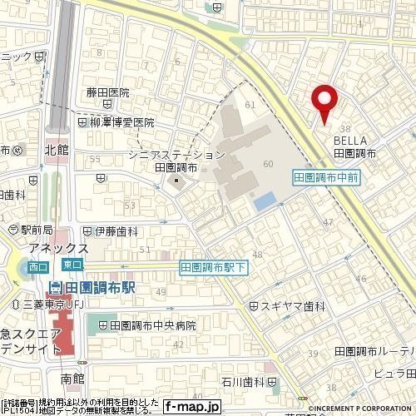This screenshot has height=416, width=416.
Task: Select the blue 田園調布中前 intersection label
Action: [x=326, y=177]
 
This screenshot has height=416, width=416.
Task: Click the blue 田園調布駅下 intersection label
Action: [x=213, y=268]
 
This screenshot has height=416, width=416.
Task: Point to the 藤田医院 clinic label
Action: [x=108, y=93]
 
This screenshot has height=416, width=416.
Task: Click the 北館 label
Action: [x=57, y=151]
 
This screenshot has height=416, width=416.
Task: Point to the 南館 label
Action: [x=72, y=378]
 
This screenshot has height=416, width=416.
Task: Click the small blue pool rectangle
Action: [x=264, y=201]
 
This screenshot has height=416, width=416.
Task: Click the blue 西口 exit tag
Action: [x=37, y=267]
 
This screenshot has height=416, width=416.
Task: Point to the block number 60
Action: [x=267, y=164]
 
